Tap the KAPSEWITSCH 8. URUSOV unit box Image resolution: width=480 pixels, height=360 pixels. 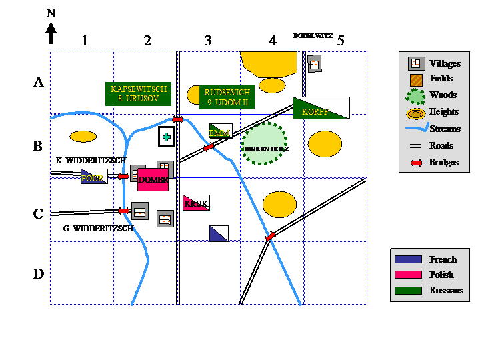[139, 93]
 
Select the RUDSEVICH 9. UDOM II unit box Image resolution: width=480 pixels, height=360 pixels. [227, 97]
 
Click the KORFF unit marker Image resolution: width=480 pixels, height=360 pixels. [321, 108]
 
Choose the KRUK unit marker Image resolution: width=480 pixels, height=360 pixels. [196, 203]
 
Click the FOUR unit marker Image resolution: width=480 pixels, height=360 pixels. [94, 177]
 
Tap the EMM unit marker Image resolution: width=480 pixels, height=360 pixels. [221, 131]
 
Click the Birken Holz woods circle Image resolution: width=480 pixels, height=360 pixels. [265, 143]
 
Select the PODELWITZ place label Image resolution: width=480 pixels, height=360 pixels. [313, 35]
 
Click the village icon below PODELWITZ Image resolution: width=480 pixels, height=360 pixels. [314, 63]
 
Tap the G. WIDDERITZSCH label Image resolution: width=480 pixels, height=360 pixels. [99, 228]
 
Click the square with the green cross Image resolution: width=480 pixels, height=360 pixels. [167, 137]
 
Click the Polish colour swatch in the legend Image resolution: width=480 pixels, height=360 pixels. [408, 275]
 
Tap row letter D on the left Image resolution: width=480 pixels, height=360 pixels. [39, 274]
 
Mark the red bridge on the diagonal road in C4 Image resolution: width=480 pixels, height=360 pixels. [271, 237]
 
